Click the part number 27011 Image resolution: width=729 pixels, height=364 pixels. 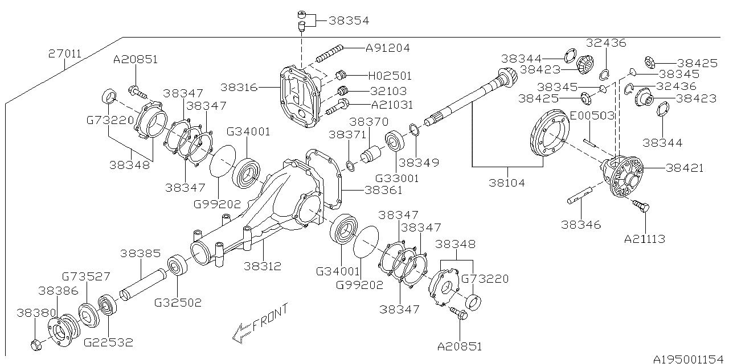[65, 55]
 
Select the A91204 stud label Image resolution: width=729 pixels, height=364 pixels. [389, 48]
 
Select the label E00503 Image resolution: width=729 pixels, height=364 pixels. [592, 115]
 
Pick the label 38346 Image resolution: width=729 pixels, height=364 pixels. [580, 225]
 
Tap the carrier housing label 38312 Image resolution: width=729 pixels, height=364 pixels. [263, 266]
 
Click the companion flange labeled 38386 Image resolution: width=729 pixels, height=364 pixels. [63, 329]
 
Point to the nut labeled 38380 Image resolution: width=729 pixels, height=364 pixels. [36, 344]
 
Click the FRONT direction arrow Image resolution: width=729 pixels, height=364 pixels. [243, 332]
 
